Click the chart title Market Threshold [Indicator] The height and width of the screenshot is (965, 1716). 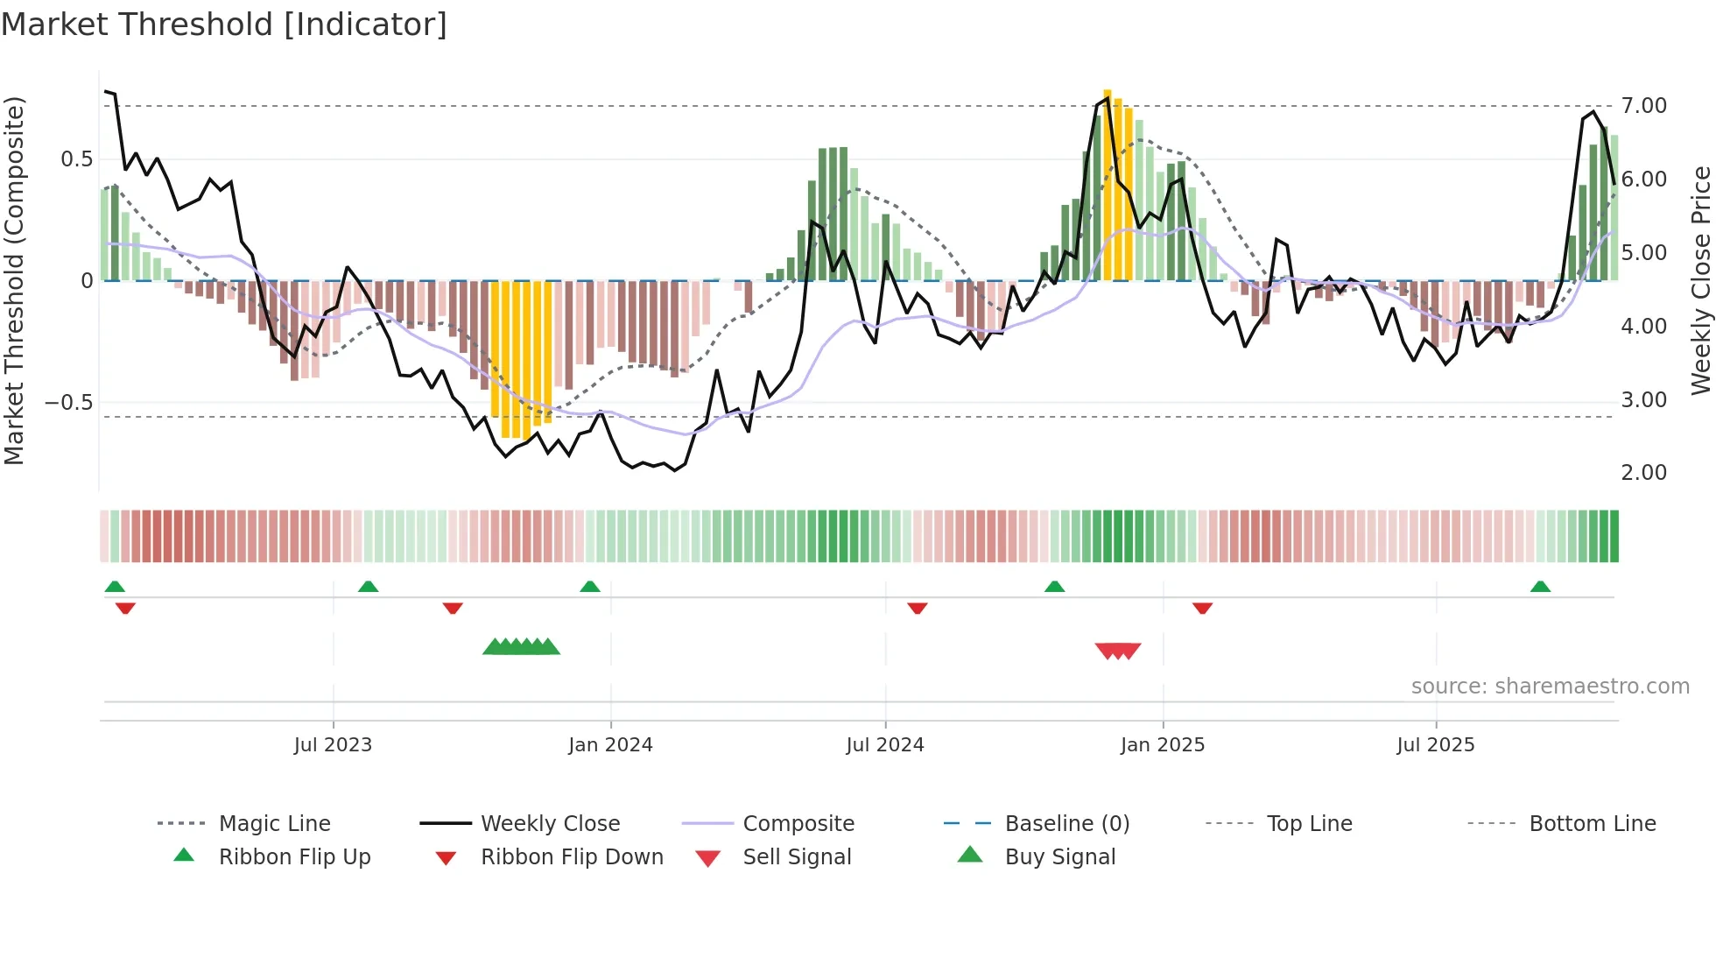coord(224,25)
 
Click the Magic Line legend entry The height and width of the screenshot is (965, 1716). coord(274,824)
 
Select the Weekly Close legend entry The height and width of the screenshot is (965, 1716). coord(550,824)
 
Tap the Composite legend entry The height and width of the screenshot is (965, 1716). coord(798,824)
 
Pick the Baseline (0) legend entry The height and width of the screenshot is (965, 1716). coord(1066,824)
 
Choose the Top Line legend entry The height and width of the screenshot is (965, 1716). coord(1309,824)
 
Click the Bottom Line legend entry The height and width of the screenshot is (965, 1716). coord(1592,824)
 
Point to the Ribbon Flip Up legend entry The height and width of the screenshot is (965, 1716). coord(294,857)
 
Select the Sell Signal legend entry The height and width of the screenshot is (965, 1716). coord(796,857)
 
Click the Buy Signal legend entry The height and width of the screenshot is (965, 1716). coord(1059,857)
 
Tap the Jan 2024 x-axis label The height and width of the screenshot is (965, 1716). coord(610,745)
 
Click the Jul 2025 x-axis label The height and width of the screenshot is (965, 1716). coord(1435,745)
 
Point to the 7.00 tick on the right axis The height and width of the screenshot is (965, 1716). coord(1643,106)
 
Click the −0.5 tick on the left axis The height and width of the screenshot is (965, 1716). coord(68,403)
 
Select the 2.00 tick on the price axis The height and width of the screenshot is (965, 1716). coord(1643,473)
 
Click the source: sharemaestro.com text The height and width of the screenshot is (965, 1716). coord(1550,687)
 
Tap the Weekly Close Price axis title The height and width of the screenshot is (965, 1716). coord(1700,280)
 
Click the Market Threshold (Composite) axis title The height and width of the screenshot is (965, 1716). coord(14,280)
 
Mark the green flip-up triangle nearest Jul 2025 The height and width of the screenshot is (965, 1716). coord(1540,587)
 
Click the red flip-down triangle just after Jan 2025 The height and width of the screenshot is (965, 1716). coord(1202,608)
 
